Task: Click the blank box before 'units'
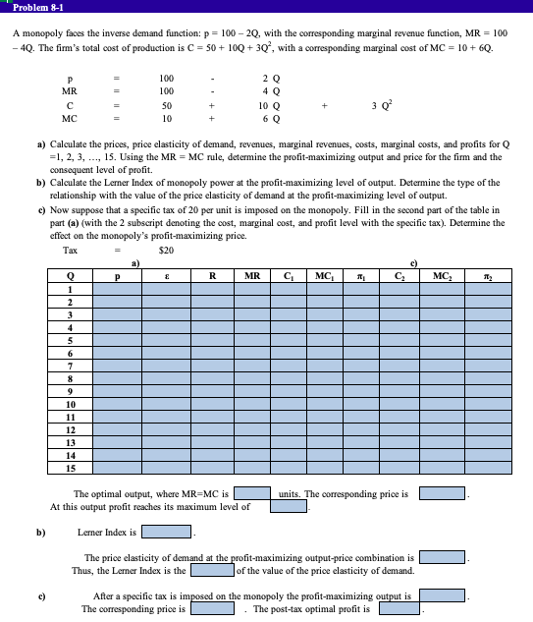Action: pyautogui.click(x=252, y=494)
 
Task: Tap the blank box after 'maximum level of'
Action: pyautogui.click(x=290, y=507)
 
